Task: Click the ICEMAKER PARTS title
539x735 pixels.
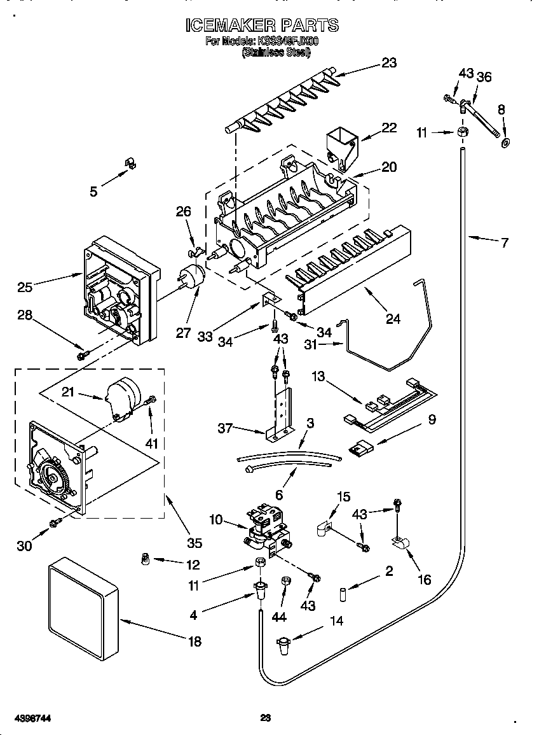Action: tap(261, 25)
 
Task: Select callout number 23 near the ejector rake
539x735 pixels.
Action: tap(388, 62)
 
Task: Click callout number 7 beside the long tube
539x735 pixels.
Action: tap(504, 242)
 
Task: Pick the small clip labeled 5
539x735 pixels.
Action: tap(131, 164)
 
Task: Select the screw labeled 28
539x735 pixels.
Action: tap(81, 355)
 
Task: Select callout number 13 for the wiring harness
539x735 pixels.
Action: tap(318, 377)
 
